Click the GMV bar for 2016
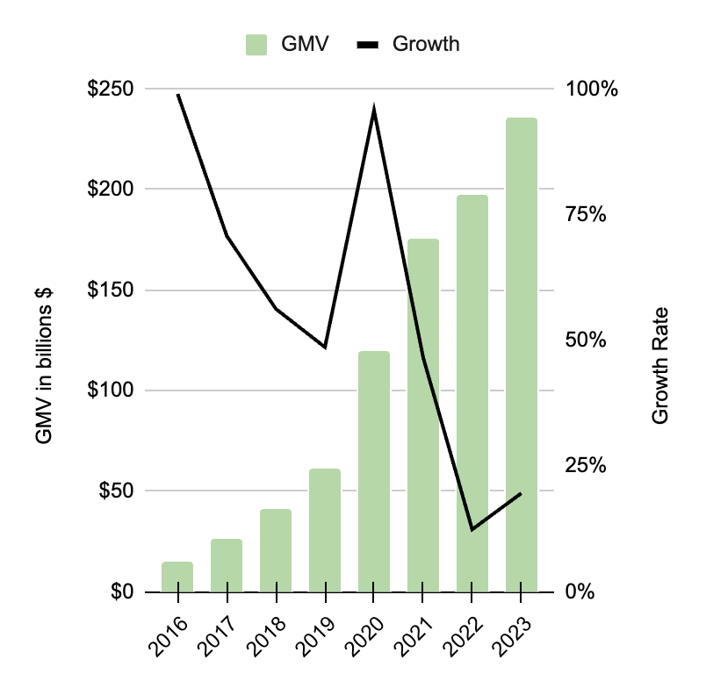(x=177, y=577)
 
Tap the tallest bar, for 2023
(x=521, y=355)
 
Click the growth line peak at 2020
(x=374, y=111)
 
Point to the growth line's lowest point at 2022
(x=472, y=529)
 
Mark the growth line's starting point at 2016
(x=178, y=95)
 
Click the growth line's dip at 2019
(x=325, y=347)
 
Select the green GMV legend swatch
(x=256, y=44)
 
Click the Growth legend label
(x=425, y=44)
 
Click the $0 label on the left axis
(x=119, y=592)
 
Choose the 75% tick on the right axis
(x=586, y=215)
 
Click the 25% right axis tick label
(x=586, y=466)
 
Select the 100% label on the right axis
(x=591, y=90)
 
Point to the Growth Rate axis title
(x=660, y=365)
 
